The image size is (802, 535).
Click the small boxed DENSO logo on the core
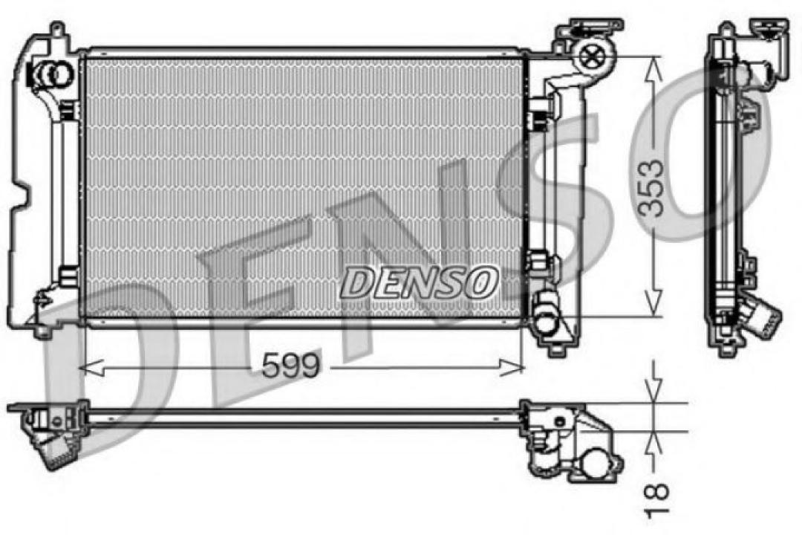pos(419,282)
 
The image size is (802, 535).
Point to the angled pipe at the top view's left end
pos(52,450)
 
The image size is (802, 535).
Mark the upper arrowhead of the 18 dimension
pos(653,392)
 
